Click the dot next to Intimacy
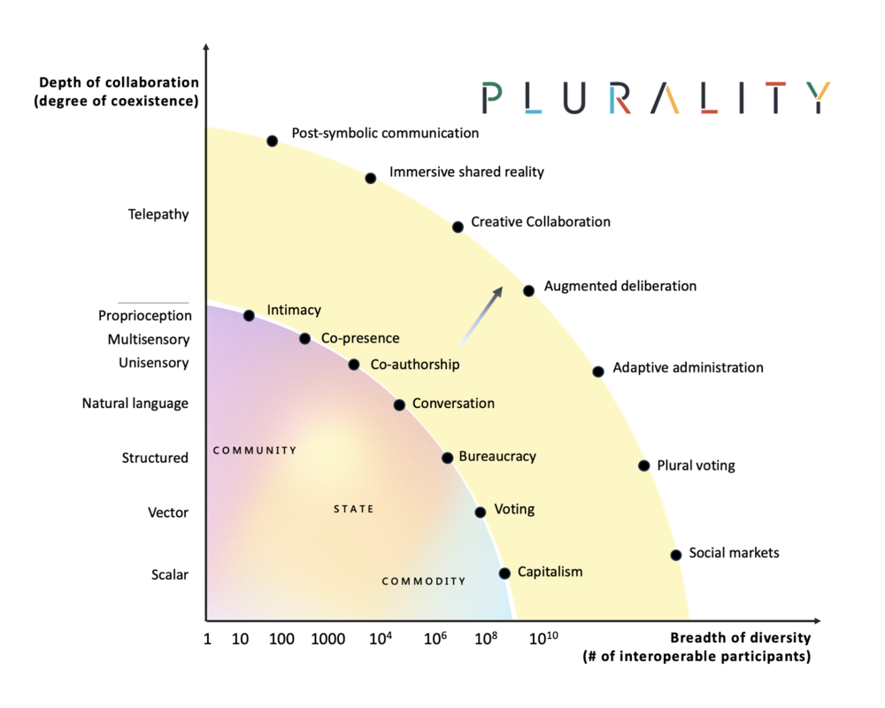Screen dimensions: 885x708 point(249,316)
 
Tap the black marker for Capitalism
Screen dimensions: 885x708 point(504,573)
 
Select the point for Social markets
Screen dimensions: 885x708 point(675,555)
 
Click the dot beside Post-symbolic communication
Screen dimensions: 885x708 point(272,141)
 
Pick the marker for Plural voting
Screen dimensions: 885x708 point(644,466)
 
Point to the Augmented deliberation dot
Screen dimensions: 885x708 point(529,291)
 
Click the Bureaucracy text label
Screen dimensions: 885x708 point(497,457)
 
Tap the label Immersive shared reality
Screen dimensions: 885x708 point(466,173)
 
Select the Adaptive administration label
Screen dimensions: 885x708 point(688,367)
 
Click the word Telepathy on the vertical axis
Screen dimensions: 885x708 point(158,214)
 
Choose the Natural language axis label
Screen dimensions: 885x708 point(135,404)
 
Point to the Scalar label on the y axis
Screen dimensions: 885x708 point(170,574)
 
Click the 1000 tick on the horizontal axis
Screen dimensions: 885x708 point(328,639)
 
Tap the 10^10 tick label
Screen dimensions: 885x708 point(543,638)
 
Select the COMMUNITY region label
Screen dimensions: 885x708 point(255,450)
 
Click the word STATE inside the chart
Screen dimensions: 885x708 point(354,509)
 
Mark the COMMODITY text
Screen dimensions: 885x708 point(424,581)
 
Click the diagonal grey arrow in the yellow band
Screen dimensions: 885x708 point(481,315)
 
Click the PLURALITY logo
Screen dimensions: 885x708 point(657,97)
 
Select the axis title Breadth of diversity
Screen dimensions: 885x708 point(741,638)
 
